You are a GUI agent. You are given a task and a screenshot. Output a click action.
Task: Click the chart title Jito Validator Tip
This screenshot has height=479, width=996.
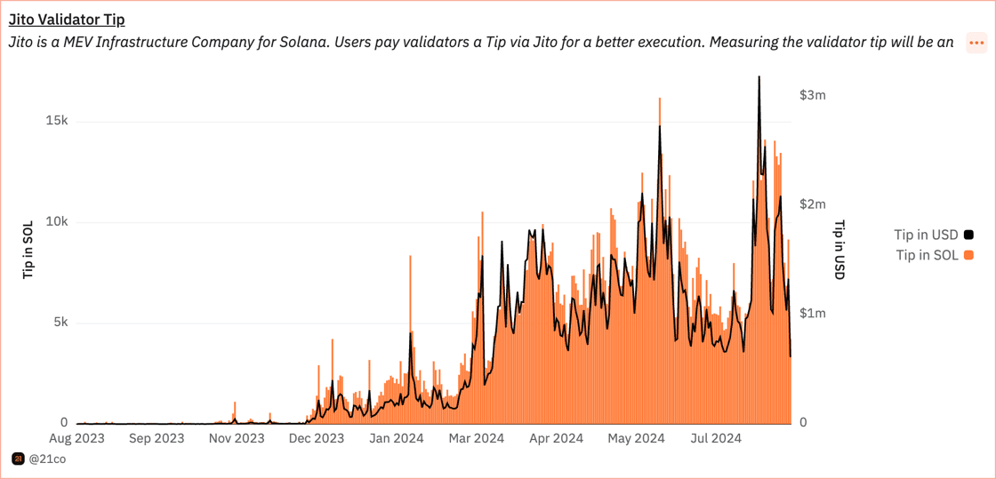(x=67, y=20)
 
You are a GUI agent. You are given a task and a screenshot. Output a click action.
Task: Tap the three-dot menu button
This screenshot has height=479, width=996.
(x=976, y=43)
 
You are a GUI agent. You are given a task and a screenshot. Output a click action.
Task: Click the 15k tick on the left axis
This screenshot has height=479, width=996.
(x=57, y=121)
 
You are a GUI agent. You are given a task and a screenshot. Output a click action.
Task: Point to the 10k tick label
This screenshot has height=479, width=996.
(x=57, y=221)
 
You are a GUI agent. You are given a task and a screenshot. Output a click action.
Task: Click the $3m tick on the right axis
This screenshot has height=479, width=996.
(x=813, y=95)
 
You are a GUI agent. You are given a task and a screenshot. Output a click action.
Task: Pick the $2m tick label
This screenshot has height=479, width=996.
(x=813, y=204)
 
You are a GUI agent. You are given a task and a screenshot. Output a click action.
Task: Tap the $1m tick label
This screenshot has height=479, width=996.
(x=813, y=313)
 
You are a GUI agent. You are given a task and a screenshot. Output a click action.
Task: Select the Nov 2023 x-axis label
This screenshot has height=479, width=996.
(x=237, y=438)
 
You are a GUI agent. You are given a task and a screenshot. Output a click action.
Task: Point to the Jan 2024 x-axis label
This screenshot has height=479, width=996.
(x=397, y=438)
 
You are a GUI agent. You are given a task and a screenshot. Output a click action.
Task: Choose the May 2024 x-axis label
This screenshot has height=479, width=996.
(x=637, y=438)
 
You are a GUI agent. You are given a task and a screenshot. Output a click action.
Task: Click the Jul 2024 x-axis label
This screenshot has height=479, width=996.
(x=716, y=438)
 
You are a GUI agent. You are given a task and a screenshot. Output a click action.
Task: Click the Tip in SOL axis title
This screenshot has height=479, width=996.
(x=28, y=251)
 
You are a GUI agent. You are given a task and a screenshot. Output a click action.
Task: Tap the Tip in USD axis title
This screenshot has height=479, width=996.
(x=839, y=251)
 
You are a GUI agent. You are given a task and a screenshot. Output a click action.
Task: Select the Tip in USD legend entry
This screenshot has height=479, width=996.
(x=927, y=236)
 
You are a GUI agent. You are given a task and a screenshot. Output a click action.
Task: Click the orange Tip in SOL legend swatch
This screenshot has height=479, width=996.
(x=968, y=256)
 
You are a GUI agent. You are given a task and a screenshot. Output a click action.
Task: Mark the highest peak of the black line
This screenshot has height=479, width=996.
(x=759, y=76)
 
